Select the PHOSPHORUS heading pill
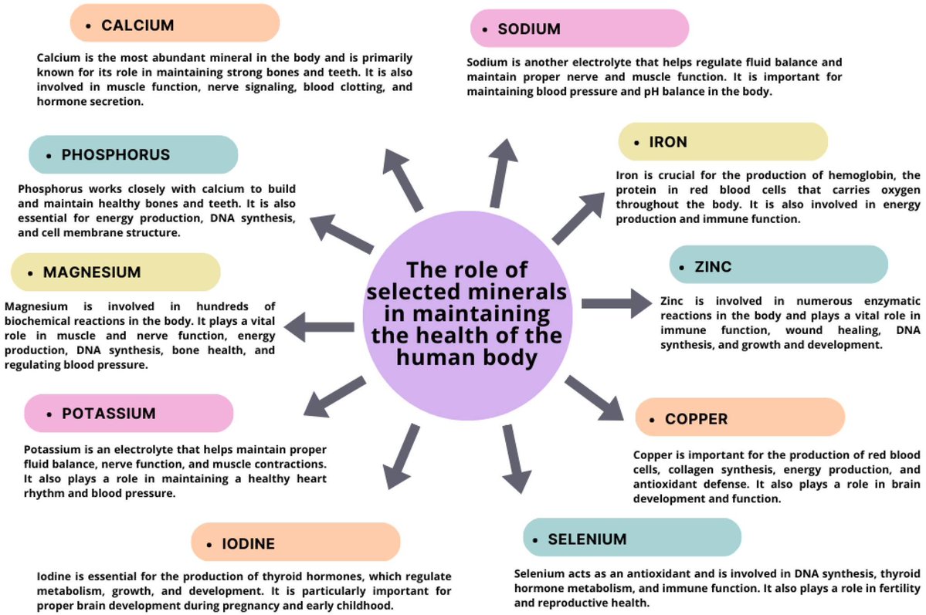pos(133,154)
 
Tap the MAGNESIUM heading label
pos(115,272)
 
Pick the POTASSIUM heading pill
pos(128,414)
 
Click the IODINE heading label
pos(296,543)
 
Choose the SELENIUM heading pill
pos(631,538)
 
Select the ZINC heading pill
pos(778,267)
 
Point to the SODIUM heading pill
pos(578,29)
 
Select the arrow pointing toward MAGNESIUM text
pos(319,327)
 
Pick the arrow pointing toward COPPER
pos(594,397)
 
